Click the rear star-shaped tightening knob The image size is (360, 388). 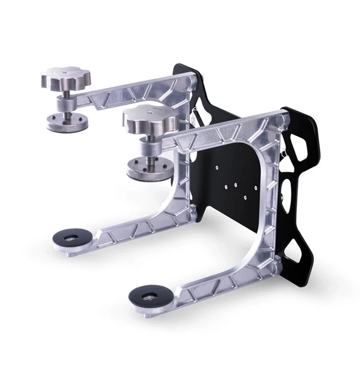click(64, 79)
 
